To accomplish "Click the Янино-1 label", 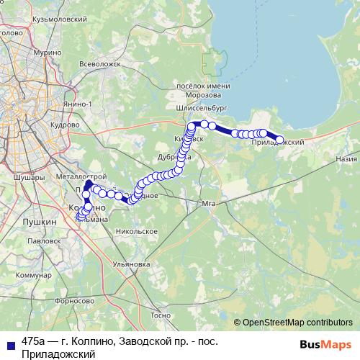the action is coord(77,104).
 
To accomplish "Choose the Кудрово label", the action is coord(66,124).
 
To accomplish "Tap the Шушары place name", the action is coord(28,175).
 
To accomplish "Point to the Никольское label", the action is coord(135,231).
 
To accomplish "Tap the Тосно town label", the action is coord(161,315).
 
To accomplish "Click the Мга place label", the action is coord(210,204).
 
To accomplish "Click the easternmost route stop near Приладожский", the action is coord(280,140).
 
